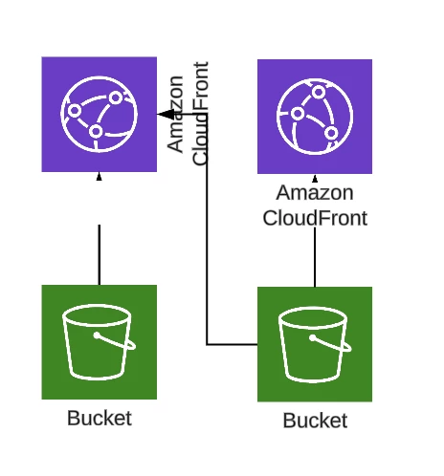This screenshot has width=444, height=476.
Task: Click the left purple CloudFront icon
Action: (x=99, y=115)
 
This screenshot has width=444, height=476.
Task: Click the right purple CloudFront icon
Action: (x=315, y=117)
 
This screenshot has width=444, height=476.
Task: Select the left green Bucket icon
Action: (x=99, y=342)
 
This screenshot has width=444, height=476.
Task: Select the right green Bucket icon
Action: (x=315, y=344)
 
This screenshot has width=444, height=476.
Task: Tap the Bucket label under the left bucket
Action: (x=100, y=418)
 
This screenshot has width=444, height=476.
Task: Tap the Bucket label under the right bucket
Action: (x=315, y=421)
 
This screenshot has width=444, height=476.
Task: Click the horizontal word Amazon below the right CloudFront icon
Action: (x=315, y=193)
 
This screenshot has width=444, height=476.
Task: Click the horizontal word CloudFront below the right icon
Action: (x=315, y=218)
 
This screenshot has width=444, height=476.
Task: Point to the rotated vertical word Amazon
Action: (x=175, y=114)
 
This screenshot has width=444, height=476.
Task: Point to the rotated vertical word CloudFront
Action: (x=201, y=114)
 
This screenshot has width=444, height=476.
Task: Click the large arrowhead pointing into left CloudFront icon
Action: (x=166, y=114)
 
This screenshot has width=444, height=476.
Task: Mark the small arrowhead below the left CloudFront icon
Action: (x=99, y=177)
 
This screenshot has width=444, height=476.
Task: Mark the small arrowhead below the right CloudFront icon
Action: (x=315, y=179)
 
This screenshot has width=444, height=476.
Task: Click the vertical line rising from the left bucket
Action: (x=100, y=254)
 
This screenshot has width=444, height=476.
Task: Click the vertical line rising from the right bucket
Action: (x=315, y=257)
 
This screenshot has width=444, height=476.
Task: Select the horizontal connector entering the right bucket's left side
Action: (x=232, y=344)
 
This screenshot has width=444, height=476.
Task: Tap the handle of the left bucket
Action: (x=115, y=341)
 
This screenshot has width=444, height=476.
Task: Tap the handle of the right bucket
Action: (x=330, y=343)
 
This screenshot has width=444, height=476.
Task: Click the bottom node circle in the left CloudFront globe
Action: (x=96, y=131)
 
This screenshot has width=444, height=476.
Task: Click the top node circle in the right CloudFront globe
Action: (x=319, y=93)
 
